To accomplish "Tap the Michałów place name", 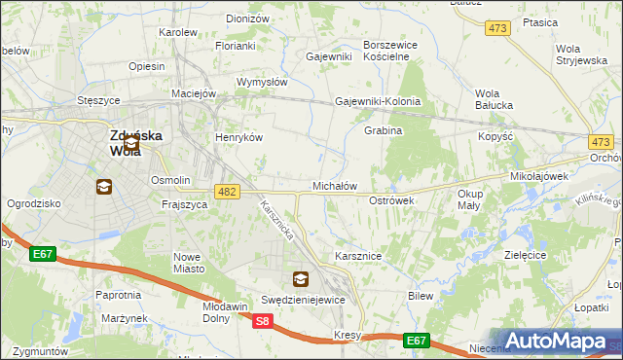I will tap(335, 185).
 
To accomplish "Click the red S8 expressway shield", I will tap(262, 321).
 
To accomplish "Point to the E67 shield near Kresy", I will tap(417, 340).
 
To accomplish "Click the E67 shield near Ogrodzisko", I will tap(42, 255).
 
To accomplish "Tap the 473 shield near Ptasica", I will tap(497, 29).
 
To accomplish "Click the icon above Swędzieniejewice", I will tap(301, 279).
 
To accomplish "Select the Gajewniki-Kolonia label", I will tap(378, 101).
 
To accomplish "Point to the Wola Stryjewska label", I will tap(580, 54).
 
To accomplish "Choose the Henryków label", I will tap(239, 137).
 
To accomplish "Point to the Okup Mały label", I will tap(470, 199).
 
